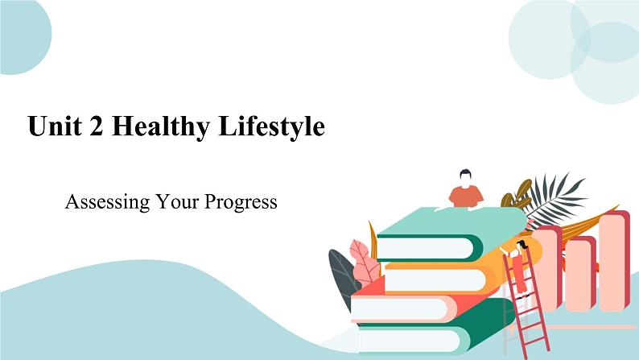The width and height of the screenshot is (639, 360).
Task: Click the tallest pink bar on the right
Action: pyautogui.click(x=614, y=262)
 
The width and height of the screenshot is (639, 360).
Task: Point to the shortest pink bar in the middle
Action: pyautogui.click(x=579, y=274)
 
